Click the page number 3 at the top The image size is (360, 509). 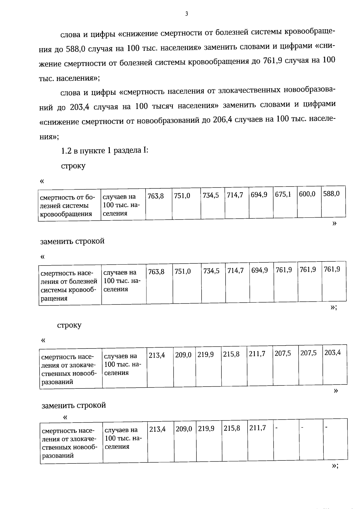[x=186, y=14]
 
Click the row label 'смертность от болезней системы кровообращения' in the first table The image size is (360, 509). [x=67, y=206]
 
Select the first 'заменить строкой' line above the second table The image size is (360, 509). [x=72, y=241]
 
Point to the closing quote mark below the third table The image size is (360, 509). [x=336, y=391]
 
